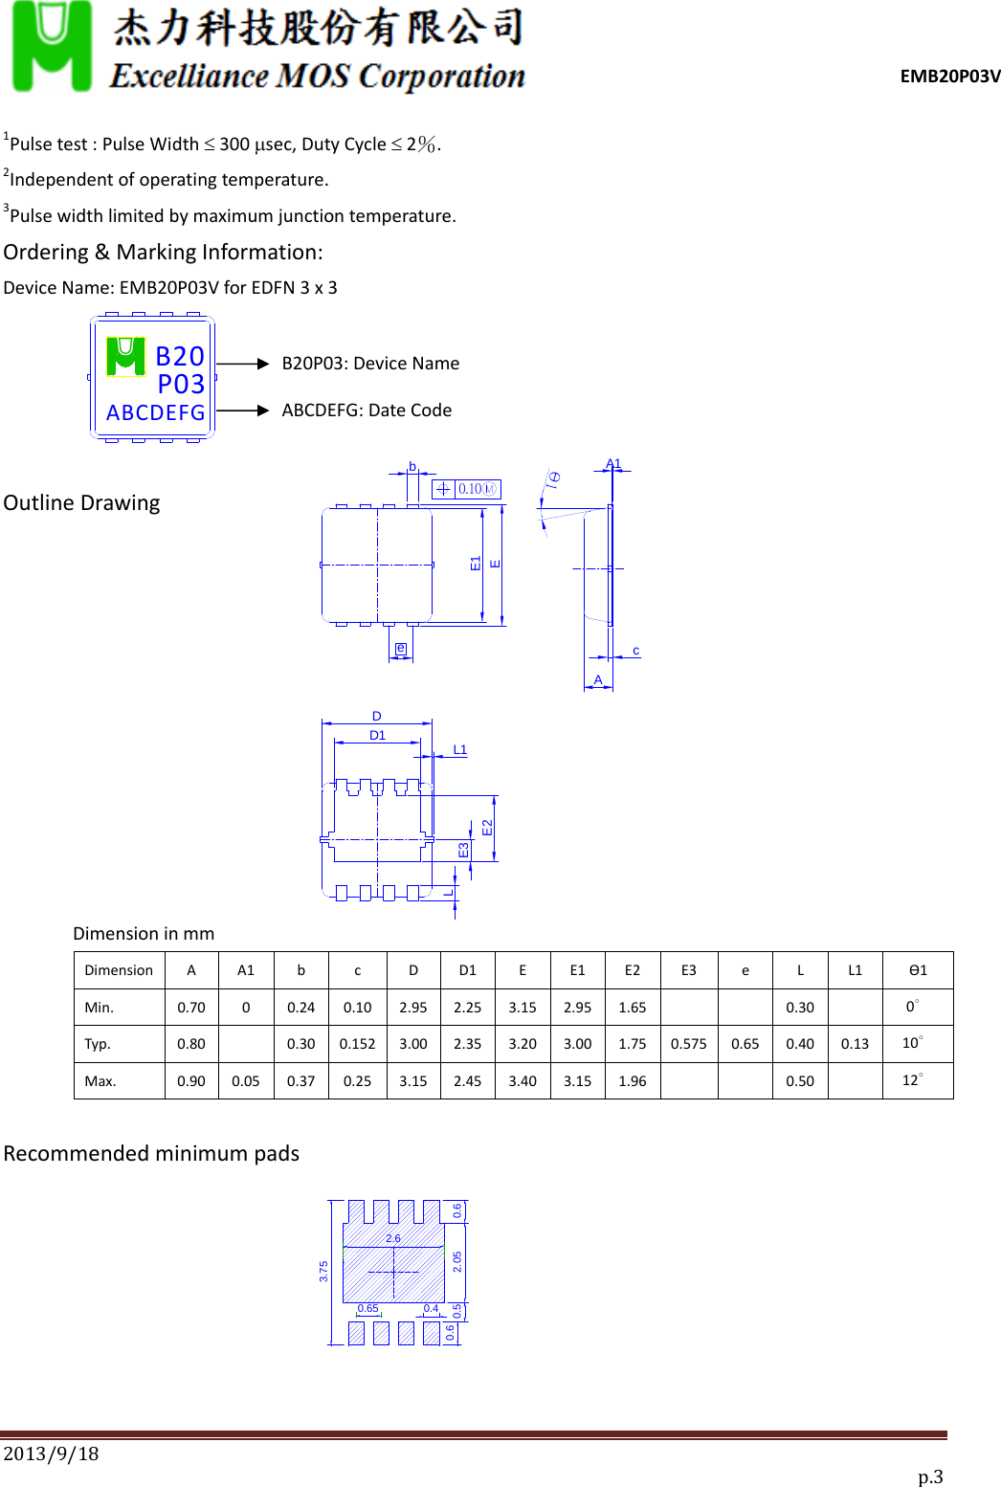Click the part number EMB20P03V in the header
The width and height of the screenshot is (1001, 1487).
(949, 77)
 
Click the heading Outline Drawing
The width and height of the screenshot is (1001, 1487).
(81, 503)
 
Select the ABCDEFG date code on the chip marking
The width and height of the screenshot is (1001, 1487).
(156, 412)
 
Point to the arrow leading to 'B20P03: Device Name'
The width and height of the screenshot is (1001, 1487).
(243, 364)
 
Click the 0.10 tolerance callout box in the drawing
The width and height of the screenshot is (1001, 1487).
(467, 489)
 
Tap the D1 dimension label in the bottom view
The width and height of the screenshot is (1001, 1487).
(377, 736)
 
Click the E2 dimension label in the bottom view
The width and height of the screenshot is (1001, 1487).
(487, 828)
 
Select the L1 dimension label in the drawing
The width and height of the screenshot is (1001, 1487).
(459, 750)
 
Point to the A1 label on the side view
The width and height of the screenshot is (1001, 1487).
(613, 464)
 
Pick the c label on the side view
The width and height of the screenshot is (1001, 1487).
(635, 651)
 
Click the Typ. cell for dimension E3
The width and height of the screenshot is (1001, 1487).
(688, 1044)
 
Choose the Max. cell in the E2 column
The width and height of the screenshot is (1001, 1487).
(633, 1081)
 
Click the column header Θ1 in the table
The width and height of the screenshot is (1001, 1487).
(918, 970)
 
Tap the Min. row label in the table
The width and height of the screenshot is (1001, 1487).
(100, 1008)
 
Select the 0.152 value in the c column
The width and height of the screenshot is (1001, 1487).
(357, 1044)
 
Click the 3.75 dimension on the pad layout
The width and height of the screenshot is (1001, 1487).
(323, 1271)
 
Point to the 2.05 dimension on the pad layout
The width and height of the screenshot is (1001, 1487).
(457, 1262)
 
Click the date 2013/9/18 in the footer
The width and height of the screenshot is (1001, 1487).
(52, 1454)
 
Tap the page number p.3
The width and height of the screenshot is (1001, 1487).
(930, 1476)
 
